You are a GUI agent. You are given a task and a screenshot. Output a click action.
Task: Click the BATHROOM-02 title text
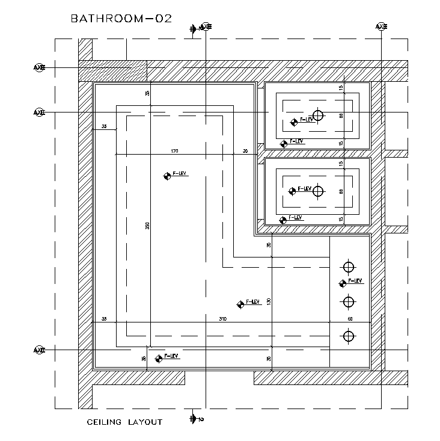[x=121, y=18]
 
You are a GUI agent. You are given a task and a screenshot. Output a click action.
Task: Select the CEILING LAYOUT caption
[x=124, y=422]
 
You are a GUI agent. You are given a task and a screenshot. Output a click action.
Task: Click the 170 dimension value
[x=174, y=151]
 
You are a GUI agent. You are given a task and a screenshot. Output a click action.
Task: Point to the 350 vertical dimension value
[x=147, y=226]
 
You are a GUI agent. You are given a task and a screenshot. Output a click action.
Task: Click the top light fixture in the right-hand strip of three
[x=348, y=267]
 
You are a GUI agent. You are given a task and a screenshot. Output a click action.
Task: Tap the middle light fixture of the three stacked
[x=348, y=301]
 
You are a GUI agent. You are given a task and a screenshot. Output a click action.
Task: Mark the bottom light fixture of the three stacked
[x=348, y=336]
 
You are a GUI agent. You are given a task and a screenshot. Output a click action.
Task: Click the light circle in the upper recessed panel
[x=318, y=116]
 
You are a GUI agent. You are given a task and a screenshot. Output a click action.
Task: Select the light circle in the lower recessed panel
[x=318, y=191]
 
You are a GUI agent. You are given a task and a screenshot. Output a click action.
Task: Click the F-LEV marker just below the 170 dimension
[x=167, y=176]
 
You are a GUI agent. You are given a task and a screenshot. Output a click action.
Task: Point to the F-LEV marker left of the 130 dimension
[x=240, y=304]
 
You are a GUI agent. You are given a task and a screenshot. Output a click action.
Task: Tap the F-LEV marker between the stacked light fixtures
[x=343, y=283]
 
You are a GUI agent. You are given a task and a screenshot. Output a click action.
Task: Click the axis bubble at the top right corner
[x=381, y=26]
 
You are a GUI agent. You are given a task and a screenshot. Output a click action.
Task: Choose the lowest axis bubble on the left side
[x=39, y=350]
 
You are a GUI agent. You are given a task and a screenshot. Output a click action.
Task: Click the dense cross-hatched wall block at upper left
[x=113, y=70]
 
